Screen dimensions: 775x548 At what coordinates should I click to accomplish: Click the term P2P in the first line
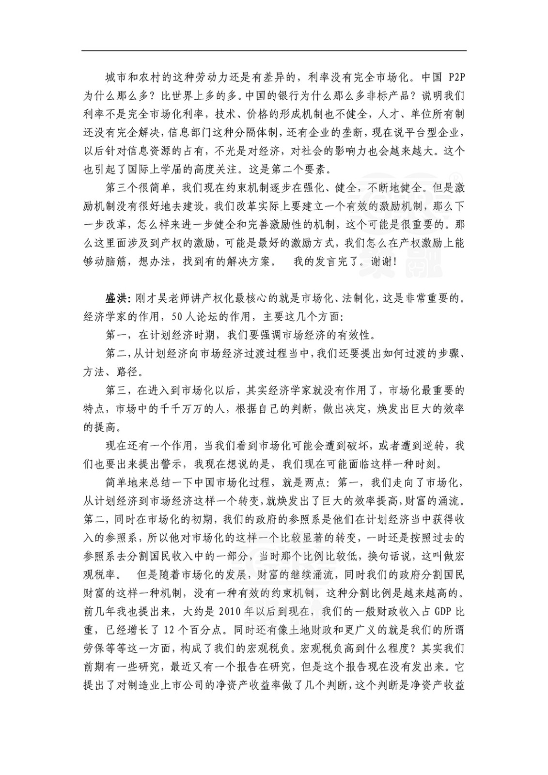pyautogui.click(x=454, y=77)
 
